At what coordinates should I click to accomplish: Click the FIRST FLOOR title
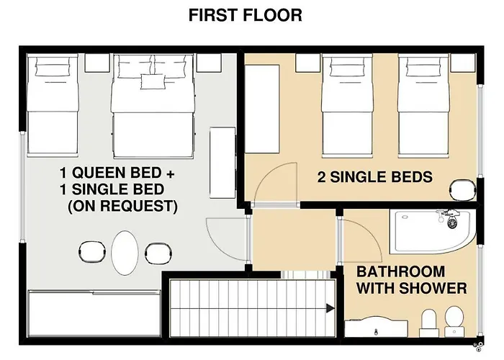[245, 15]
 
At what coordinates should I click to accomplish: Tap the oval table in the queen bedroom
[125, 253]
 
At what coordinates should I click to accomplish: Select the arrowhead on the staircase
[330, 308]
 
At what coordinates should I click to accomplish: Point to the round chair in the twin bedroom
[463, 190]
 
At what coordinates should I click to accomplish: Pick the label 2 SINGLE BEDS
[375, 177]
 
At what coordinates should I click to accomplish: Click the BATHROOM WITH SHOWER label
[411, 280]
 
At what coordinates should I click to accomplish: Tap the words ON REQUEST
[123, 206]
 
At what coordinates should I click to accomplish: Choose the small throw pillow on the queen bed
[152, 81]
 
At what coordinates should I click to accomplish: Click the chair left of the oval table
[91, 252]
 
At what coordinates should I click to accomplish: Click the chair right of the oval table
[158, 253]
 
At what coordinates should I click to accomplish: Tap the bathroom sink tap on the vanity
[376, 331]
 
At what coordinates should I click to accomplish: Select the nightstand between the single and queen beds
[97, 63]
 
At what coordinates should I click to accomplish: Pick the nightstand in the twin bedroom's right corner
[463, 63]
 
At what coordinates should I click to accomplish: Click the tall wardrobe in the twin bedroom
[262, 109]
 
